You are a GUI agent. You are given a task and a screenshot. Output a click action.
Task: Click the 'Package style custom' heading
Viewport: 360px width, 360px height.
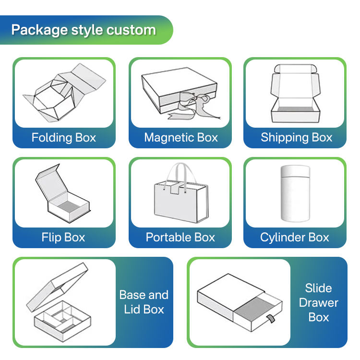84,30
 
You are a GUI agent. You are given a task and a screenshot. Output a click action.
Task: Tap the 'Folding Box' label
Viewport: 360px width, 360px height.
64,138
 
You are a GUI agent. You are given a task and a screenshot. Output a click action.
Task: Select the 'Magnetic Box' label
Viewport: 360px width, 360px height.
181,138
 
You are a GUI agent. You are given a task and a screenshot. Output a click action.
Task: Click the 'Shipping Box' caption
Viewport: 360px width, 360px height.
296,138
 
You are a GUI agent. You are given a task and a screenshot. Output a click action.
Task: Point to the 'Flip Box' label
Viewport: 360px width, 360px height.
63,237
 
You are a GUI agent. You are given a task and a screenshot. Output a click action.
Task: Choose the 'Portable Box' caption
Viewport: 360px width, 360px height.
180,237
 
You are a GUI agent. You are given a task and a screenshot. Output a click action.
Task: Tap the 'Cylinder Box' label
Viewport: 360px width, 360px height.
295,237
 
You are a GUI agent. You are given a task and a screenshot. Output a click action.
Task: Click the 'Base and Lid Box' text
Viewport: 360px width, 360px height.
144,302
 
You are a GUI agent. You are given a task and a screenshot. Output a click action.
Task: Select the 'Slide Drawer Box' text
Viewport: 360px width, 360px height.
319,302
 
